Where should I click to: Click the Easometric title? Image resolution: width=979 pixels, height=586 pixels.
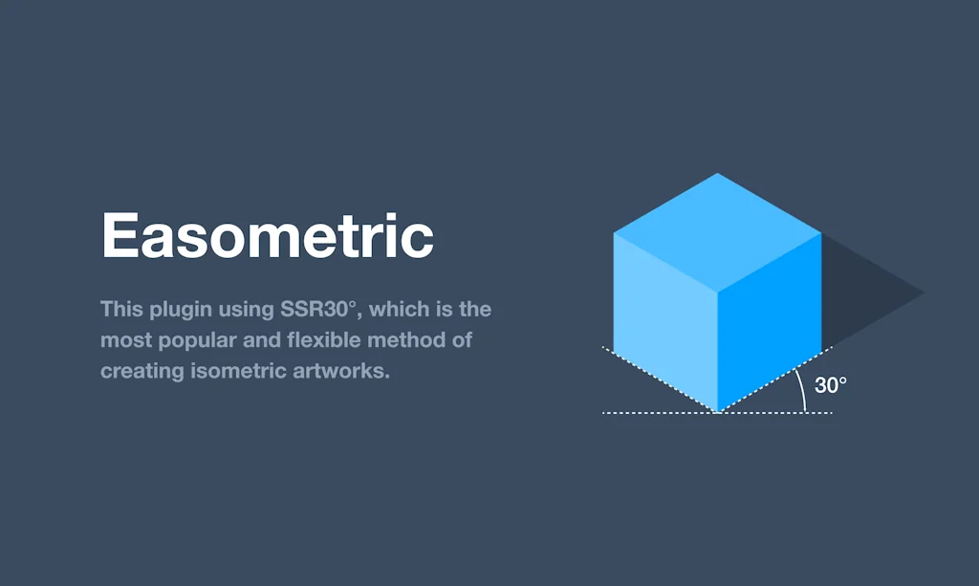[268, 236]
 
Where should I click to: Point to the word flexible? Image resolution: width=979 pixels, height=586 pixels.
[330, 340]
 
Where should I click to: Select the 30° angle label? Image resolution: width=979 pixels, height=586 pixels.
[830, 385]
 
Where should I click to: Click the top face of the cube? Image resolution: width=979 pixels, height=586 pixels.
[717, 232]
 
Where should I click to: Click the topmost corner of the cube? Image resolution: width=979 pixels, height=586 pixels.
[717, 174]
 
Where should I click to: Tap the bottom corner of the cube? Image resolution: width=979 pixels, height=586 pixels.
[717, 411]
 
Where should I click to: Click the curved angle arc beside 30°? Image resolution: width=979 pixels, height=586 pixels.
[801, 390]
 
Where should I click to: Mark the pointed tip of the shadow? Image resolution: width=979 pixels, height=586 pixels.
[923, 293]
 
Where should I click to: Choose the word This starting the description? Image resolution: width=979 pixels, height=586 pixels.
[120, 310]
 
